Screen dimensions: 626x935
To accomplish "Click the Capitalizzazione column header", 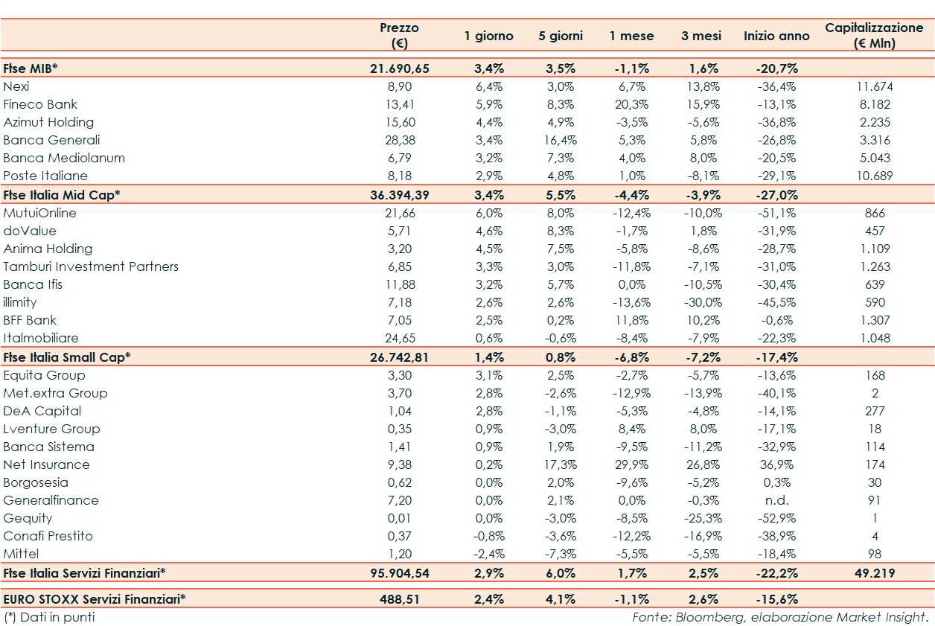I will [x=874, y=35].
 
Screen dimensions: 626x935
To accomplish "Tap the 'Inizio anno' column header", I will [x=776, y=36].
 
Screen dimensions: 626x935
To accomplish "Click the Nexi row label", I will [x=16, y=86].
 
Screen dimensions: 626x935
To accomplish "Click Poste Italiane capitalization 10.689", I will [x=874, y=176].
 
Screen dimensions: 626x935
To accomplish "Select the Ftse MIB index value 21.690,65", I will [x=400, y=68].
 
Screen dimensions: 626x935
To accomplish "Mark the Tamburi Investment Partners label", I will [x=91, y=266].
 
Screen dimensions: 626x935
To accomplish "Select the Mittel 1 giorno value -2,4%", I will [x=490, y=554].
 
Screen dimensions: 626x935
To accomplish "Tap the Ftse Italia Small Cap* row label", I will [x=67, y=357].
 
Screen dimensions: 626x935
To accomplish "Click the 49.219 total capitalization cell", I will [x=874, y=573].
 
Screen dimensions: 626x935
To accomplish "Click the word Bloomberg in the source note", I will [x=703, y=617].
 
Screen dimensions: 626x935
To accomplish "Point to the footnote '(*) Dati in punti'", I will [x=49, y=617].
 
